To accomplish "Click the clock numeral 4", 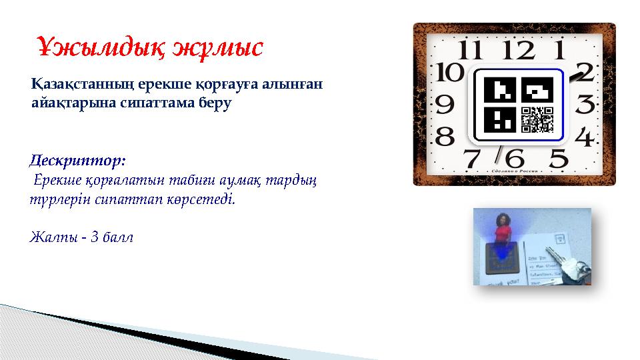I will pos(583,139).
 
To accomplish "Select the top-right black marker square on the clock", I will pos(537,89).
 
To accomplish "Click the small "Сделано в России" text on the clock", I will pos(514,171).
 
